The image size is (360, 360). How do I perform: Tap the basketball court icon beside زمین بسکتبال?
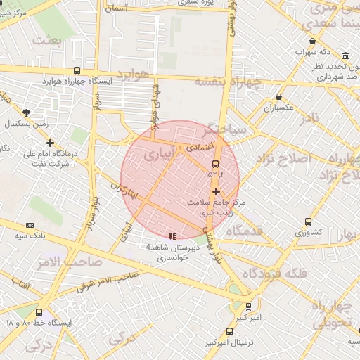[27, 112]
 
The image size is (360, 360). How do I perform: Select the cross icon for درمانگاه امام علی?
[50, 143]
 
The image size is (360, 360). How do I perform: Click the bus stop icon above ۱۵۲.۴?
[215, 164]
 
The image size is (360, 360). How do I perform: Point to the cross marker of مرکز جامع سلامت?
[215, 191]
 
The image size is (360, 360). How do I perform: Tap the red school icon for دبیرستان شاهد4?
[173, 236]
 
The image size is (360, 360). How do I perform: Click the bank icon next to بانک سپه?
[30, 225]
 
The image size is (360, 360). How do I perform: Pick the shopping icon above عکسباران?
[279, 97]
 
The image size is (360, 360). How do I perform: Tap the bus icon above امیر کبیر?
[248, 307]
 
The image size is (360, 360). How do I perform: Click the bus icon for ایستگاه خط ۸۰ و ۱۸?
[39, 313]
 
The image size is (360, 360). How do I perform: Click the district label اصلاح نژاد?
[284, 157]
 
